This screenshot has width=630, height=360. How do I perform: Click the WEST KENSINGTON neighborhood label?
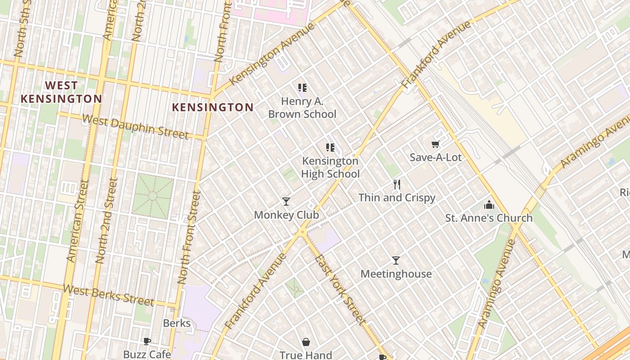tap(62, 92)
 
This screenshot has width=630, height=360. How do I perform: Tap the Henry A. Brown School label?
tap(302, 108)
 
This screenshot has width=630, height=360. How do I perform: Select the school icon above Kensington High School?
tap(330, 147)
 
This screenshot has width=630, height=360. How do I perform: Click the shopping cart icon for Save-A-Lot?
tap(435, 144)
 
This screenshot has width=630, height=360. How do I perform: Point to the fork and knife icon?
tap(396, 184)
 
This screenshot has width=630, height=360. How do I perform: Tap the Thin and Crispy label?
tap(396, 198)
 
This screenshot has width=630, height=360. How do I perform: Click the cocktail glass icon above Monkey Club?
tap(286, 201)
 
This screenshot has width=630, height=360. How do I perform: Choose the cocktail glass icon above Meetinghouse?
tap(396, 260)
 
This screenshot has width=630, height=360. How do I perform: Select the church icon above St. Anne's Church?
tap(489, 205)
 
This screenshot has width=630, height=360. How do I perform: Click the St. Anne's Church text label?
tap(489, 218)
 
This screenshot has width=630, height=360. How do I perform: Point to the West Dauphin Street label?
tap(135, 127)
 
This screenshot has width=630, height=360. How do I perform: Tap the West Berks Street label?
tap(108, 295)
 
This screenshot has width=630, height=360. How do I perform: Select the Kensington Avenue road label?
tap(272, 54)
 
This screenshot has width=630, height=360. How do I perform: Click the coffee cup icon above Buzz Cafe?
tap(147, 341)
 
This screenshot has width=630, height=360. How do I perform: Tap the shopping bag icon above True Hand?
tap(306, 342)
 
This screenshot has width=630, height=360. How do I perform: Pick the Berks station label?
tap(177, 323)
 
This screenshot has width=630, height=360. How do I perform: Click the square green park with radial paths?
tap(153, 197)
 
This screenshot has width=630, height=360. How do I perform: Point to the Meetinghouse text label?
tap(396, 274)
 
